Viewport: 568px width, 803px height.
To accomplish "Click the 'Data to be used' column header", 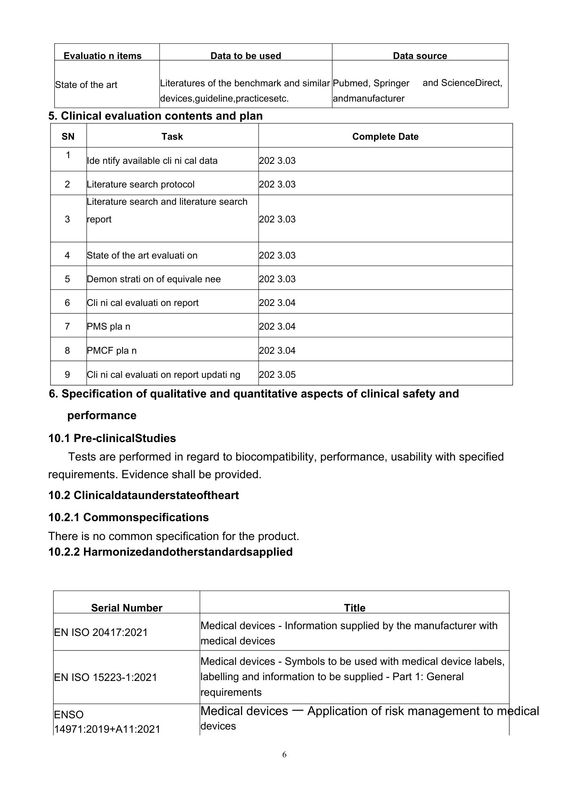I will (x=245, y=56).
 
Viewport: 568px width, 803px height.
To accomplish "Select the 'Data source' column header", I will (x=420, y=56).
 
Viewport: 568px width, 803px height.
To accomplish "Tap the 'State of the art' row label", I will (x=86, y=85).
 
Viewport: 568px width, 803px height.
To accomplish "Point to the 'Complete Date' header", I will (x=385, y=137).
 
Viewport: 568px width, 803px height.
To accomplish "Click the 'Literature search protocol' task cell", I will (x=141, y=185).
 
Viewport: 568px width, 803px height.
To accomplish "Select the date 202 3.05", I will (x=277, y=375).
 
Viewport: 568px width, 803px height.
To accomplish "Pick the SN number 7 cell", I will (x=67, y=327).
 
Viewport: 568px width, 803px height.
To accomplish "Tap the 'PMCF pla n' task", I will (x=112, y=351).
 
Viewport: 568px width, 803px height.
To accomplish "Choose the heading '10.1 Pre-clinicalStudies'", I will (x=112, y=438).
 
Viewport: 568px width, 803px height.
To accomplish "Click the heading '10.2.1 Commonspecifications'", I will (x=129, y=518).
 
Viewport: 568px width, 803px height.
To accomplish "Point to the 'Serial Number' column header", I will (x=127, y=608).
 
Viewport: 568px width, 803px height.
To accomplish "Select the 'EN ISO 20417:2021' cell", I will (x=101, y=633).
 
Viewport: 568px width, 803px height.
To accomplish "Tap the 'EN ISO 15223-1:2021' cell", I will (x=105, y=678).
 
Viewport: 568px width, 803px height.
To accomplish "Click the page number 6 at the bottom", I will (x=284, y=755).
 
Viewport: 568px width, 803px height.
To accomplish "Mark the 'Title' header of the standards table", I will (x=354, y=608).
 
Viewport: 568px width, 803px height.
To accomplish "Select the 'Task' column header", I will (x=172, y=137).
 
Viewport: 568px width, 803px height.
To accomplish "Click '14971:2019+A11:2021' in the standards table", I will (x=107, y=729).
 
